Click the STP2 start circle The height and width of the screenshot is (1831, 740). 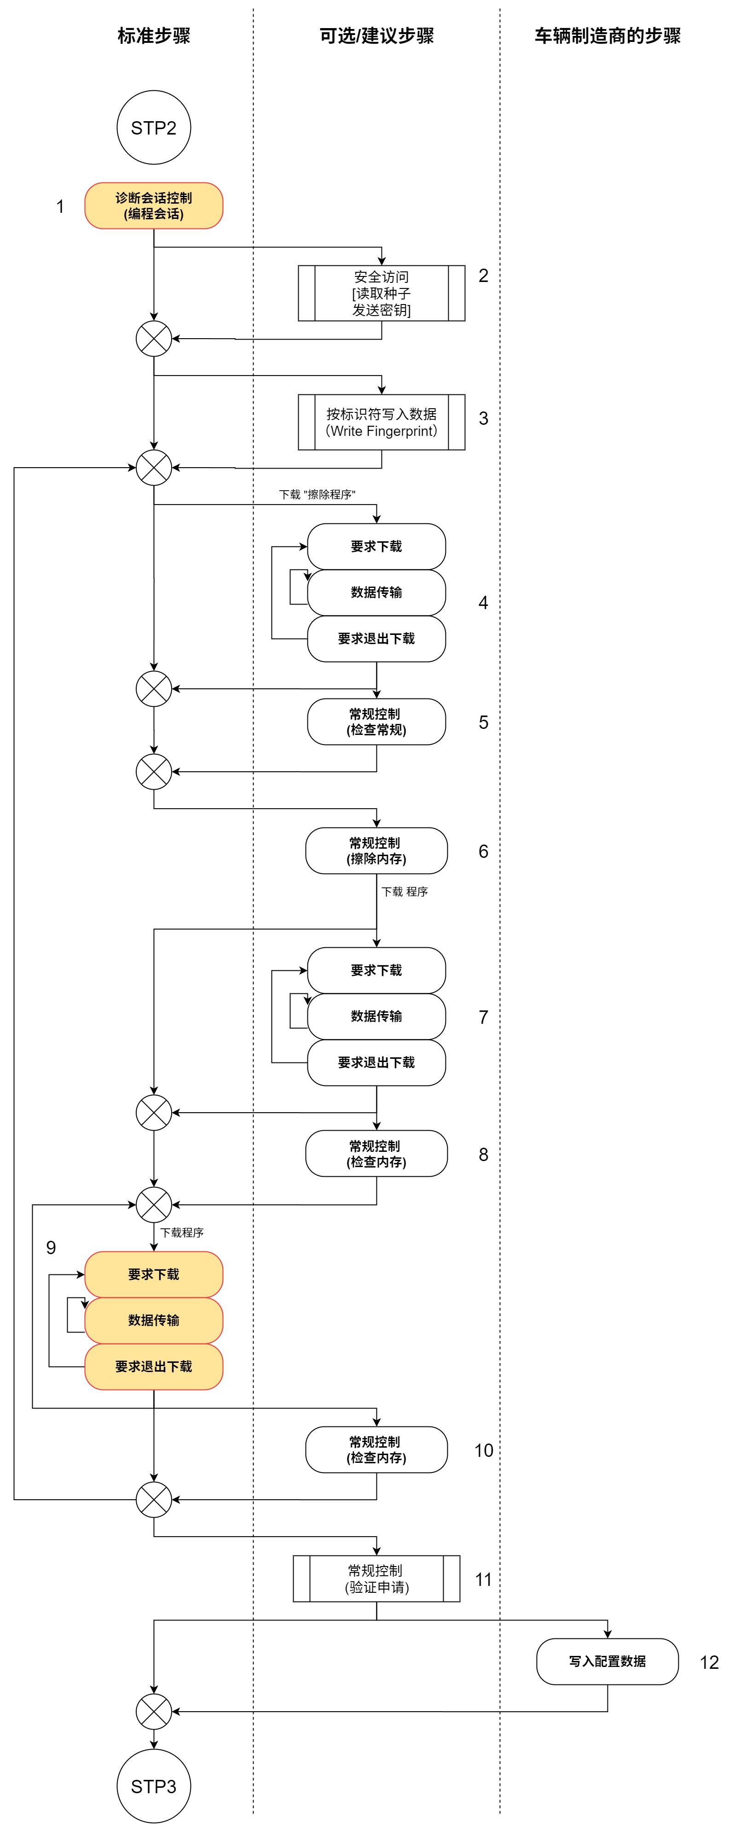click(153, 128)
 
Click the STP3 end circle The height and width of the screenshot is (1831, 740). click(153, 1785)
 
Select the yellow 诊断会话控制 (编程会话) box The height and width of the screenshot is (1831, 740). click(153, 206)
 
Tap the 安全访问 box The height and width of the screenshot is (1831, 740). click(382, 293)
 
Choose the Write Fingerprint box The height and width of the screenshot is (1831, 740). click(382, 422)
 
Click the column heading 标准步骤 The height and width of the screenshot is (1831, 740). click(153, 35)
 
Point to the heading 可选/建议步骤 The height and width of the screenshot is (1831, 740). click(376, 35)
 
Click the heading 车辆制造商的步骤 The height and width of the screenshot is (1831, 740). click(607, 35)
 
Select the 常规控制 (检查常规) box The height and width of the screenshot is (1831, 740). click(376, 722)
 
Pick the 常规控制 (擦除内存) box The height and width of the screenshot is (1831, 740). click(376, 851)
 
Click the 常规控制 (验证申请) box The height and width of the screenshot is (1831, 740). click(376, 1579)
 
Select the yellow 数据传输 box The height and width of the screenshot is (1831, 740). click(153, 1320)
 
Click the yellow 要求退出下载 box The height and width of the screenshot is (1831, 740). click(153, 1366)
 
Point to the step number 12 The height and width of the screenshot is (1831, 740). click(709, 1662)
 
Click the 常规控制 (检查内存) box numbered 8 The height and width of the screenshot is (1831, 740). click(376, 1154)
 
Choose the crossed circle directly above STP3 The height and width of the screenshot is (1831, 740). click(153, 1712)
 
